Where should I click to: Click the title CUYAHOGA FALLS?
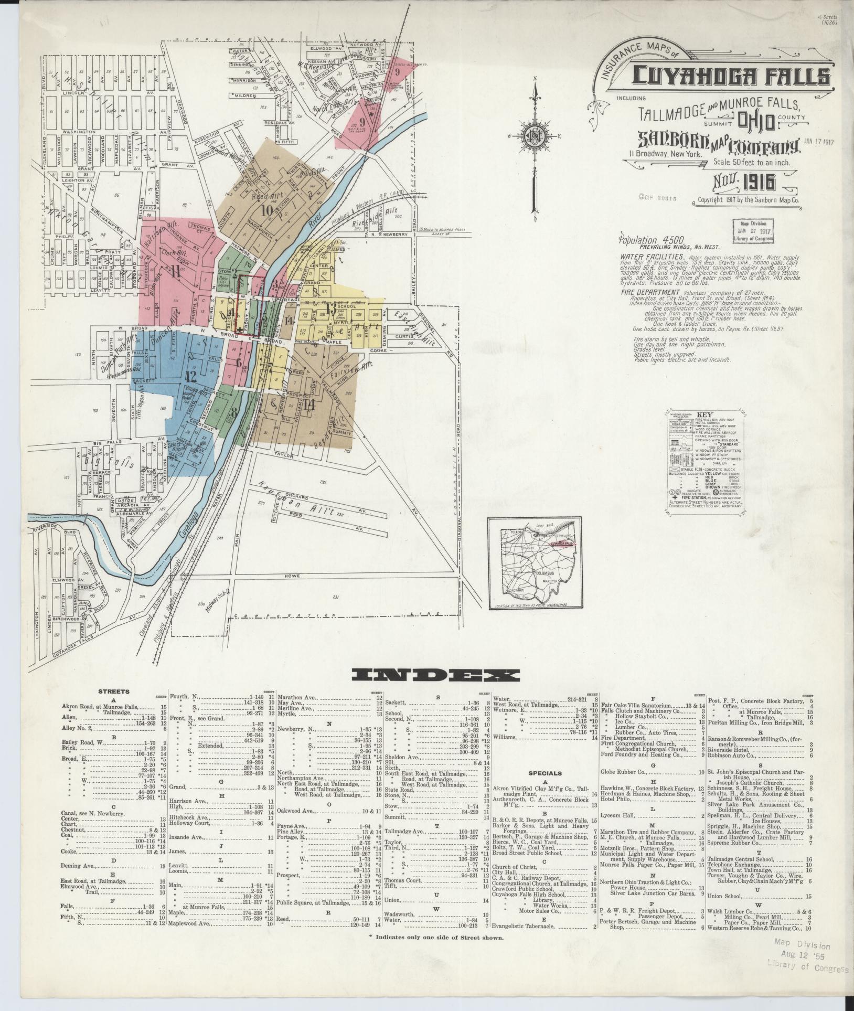tap(731, 77)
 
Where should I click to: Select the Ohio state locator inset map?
tap(535, 564)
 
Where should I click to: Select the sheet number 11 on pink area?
tap(175, 272)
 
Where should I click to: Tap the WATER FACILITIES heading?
tap(652, 257)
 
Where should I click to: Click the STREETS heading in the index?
tap(113, 691)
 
